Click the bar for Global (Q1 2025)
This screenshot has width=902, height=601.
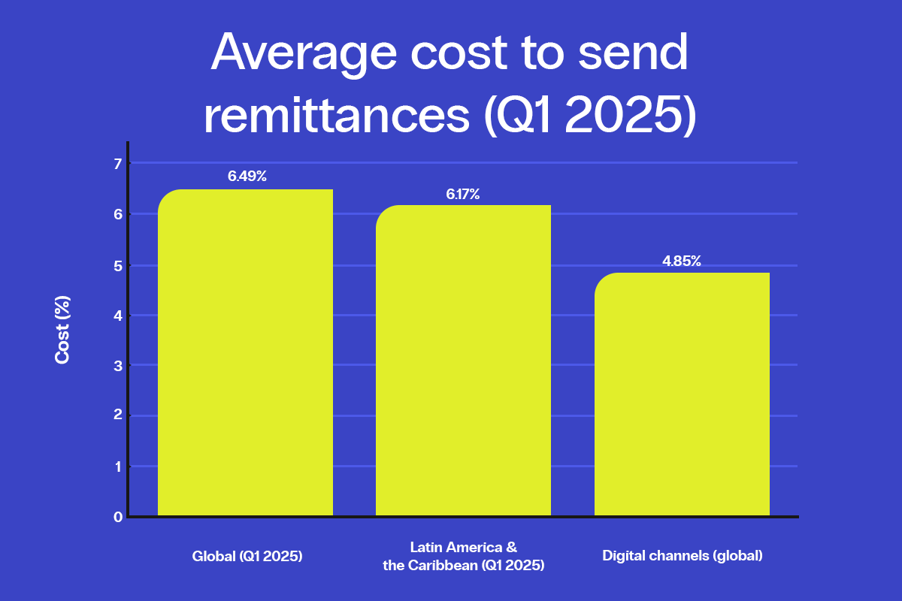pyautogui.click(x=245, y=353)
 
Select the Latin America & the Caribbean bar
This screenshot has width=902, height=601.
pyautogui.click(x=463, y=361)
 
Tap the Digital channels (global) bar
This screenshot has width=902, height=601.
pyautogui.click(x=682, y=394)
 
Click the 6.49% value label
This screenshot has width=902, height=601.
pyautogui.click(x=247, y=177)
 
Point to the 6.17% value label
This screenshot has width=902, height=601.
pyautogui.click(x=462, y=195)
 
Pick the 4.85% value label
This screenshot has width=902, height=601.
pyautogui.click(x=681, y=261)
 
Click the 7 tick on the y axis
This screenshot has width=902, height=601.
pyautogui.click(x=117, y=163)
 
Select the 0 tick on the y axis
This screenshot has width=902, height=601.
pyautogui.click(x=117, y=517)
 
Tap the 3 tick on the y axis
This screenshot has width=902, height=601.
pyautogui.click(x=117, y=366)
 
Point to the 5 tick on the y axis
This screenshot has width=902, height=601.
pyautogui.click(x=117, y=265)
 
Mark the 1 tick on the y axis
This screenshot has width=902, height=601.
pyautogui.click(x=117, y=467)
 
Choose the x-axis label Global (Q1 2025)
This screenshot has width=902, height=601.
pyautogui.click(x=247, y=557)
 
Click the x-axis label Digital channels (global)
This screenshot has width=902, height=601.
pyautogui.click(x=683, y=557)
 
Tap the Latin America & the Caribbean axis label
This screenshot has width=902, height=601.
pyautogui.click(x=463, y=557)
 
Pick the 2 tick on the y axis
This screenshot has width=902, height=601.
pyautogui.click(x=117, y=416)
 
